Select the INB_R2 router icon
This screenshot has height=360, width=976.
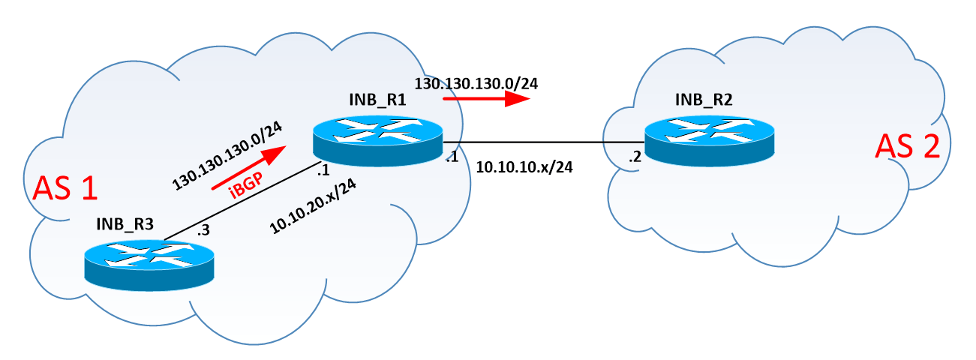[x=710, y=139]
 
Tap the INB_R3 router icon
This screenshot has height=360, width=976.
[x=149, y=263]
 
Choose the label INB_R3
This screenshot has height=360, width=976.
[x=126, y=223]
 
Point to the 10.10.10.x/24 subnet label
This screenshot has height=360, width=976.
[x=524, y=167]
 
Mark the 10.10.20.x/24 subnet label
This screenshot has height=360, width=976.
[x=312, y=210]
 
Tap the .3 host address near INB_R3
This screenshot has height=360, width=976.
[x=203, y=231]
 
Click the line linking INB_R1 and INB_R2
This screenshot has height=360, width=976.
[x=543, y=142]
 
